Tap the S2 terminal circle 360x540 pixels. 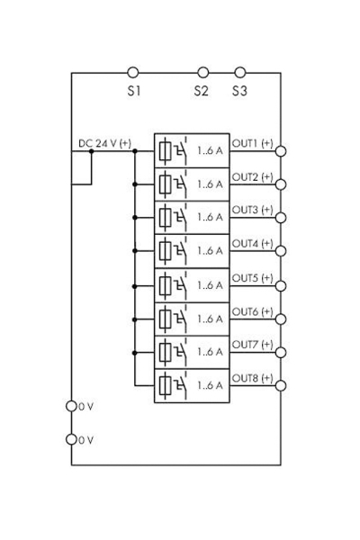pyautogui.click(x=202, y=72)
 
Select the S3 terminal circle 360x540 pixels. pyautogui.click(x=239, y=72)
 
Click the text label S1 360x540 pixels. pyautogui.click(x=133, y=91)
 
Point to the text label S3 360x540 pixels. pyautogui.click(x=239, y=91)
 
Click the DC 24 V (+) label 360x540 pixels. pyautogui.click(x=104, y=144)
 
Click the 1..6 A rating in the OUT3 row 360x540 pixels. pyautogui.click(x=210, y=218)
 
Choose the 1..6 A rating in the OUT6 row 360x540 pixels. pyautogui.click(x=210, y=319)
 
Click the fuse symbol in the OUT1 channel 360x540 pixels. pyautogui.click(x=166, y=150)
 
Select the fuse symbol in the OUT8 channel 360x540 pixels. pyautogui.click(x=166, y=386)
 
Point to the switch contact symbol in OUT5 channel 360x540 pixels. pyautogui.click(x=182, y=284)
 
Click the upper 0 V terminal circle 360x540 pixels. pyautogui.click(x=72, y=406)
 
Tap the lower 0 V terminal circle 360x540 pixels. pyautogui.click(x=72, y=439)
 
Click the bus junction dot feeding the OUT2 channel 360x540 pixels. pyautogui.click(x=135, y=184)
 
